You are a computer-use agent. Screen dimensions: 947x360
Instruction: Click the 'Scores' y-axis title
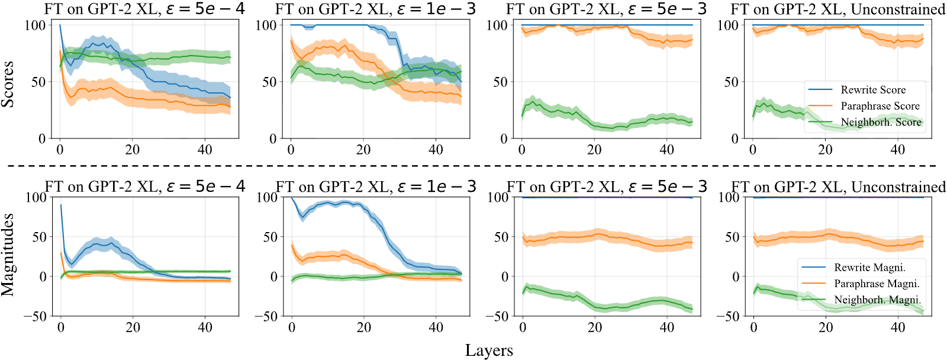click(x=8, y=84)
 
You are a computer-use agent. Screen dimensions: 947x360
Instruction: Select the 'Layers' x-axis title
click(x=489, y=351)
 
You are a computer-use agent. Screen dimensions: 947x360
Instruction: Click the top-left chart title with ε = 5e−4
click(x=144, y=9)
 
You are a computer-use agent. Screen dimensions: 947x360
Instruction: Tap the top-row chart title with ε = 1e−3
click(x=375, y=9)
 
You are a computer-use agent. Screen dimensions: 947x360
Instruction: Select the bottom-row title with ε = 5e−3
click(x=607, y=187)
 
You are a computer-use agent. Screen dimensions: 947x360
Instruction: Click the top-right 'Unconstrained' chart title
click(x=838, y=9)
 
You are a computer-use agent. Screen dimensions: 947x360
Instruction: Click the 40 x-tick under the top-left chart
click(x=205, y=149)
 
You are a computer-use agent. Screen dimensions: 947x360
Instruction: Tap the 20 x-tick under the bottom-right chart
click(x=825, y=327)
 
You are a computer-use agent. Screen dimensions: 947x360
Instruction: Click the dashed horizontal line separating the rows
click(x=473, y=166)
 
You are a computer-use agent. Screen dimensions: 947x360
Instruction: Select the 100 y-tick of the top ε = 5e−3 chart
click(x=497, y=25)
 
